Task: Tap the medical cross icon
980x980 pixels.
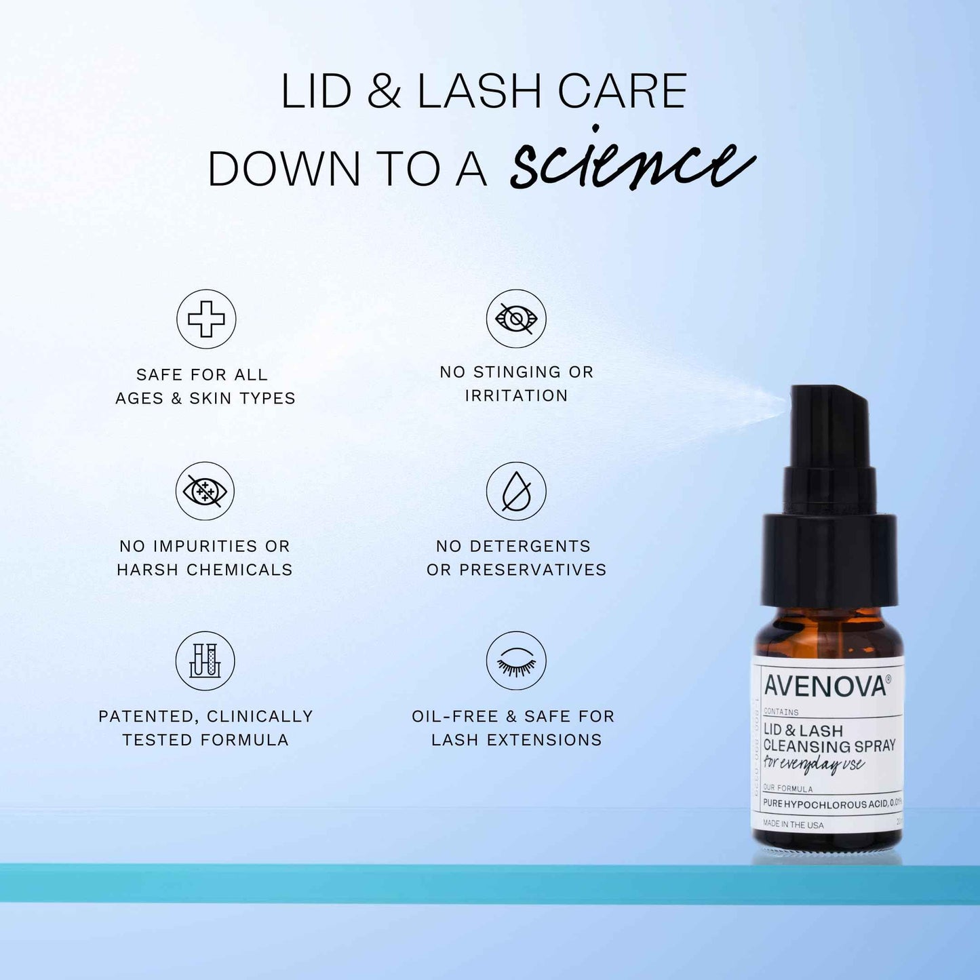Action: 206,319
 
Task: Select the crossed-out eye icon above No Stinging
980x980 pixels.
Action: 516,318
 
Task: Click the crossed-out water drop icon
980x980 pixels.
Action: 516,491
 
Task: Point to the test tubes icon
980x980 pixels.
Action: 205,661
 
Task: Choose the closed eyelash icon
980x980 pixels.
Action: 516,661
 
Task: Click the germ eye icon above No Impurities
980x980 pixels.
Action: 205,491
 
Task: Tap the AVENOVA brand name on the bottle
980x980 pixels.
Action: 825,686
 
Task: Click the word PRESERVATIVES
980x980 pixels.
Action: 533,570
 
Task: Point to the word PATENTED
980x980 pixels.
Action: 148,716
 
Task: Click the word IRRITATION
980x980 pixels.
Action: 516,395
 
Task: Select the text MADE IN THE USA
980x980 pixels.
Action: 793,825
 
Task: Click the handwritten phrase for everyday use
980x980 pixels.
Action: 813,764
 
